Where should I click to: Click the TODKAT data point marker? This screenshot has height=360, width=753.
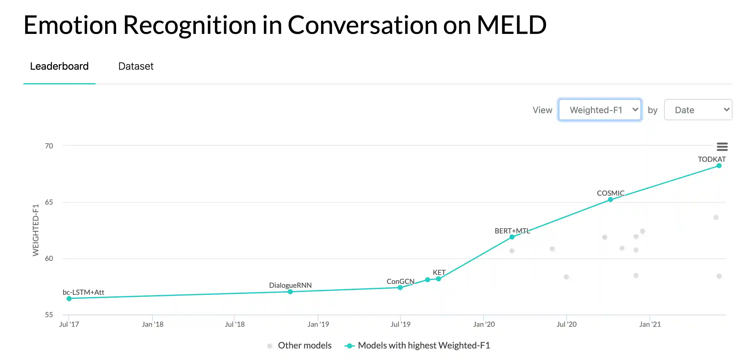[x=719, y=166]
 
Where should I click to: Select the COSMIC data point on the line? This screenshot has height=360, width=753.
[x=610, y=200]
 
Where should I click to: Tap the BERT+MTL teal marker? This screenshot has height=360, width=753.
[x=512, y=237]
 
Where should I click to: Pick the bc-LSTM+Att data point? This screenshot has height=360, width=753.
[x=69, y=299]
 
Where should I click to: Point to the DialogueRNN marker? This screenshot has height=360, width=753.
[x=290, y=292]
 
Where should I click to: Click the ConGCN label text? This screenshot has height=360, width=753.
[x=400, y=281]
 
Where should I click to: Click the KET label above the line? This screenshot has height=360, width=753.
[x=439, y=272]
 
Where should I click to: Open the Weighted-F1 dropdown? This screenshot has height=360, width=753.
[x=600, y=110]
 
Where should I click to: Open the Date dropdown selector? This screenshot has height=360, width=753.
[x=698, y=110]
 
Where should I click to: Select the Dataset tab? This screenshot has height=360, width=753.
[x=136, y=66]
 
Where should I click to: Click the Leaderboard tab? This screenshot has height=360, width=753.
[x=59, y=66]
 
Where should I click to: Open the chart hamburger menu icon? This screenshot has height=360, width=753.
[x=722, y=147]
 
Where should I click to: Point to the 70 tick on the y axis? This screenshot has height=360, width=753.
[x=49, y=146]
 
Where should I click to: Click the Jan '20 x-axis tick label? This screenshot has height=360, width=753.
[x=484, y=324]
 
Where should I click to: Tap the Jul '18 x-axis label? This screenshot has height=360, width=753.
[x=235, y=324]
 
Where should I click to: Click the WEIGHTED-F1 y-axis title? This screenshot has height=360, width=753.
[x=35, y=230]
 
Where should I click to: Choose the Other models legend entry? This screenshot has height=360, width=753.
[x=304, y=345]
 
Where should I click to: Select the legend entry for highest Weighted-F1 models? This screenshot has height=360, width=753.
[x=423, y=345]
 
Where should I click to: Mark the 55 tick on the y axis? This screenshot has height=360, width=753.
[x=49, y=315]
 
